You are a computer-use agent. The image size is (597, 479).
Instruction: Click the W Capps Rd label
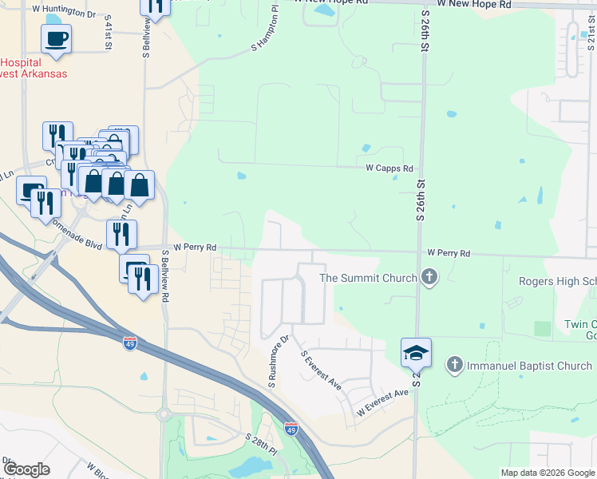click(x=389, y=168)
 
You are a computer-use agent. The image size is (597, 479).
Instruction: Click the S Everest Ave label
click(x=320, y=370)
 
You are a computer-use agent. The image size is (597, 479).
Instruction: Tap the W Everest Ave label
click(x=382, y=404)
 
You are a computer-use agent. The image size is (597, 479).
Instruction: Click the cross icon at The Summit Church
click(x=429, y=278)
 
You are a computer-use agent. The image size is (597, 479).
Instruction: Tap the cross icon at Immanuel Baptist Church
click(x=455, y=365)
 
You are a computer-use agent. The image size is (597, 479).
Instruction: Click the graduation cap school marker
click(x=416, y=352)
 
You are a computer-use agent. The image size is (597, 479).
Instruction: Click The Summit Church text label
click(x=368, y=278)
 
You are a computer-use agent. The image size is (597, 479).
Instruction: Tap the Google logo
click(x=27, y=469)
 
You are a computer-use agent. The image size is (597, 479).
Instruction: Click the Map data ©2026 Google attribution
click(x=548, y=473)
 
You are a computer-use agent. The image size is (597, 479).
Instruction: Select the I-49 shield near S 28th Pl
click(x=291, y=429)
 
